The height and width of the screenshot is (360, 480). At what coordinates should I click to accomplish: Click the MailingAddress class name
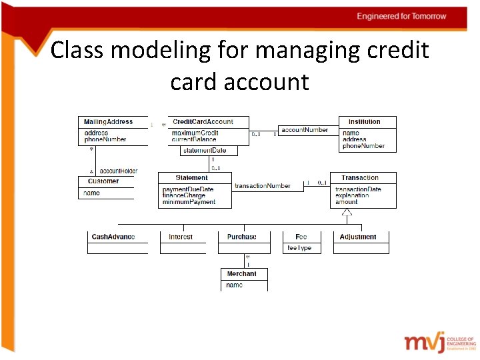coord(108,122)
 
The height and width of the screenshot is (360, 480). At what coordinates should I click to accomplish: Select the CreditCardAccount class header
coord(203,122)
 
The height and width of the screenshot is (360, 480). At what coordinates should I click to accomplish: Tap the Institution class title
coord(364,122)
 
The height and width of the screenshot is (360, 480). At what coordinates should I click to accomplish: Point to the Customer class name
coord(103,181)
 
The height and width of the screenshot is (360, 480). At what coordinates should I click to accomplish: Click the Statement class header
coord(192,178)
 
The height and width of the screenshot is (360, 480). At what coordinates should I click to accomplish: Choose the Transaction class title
coord(360,178)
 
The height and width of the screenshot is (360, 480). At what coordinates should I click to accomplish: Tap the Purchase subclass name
coord(241,237)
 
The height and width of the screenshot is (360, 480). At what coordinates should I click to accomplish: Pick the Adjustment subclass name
coord(358,237)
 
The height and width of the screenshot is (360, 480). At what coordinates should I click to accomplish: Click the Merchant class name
coord(241,274)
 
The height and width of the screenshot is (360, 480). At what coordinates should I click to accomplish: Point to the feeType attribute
coord(299,249)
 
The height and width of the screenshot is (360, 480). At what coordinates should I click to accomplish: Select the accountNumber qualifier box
coord(305,130)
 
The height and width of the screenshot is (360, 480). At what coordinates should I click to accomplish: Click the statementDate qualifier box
coord(205,151)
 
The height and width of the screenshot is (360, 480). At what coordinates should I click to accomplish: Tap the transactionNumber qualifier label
coord(263,186)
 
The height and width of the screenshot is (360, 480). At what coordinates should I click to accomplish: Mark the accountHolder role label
coord(119,171)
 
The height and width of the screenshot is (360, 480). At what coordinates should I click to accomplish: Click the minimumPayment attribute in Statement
coord(189,202)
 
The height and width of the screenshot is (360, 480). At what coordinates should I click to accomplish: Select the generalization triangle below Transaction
coord(347,213)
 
